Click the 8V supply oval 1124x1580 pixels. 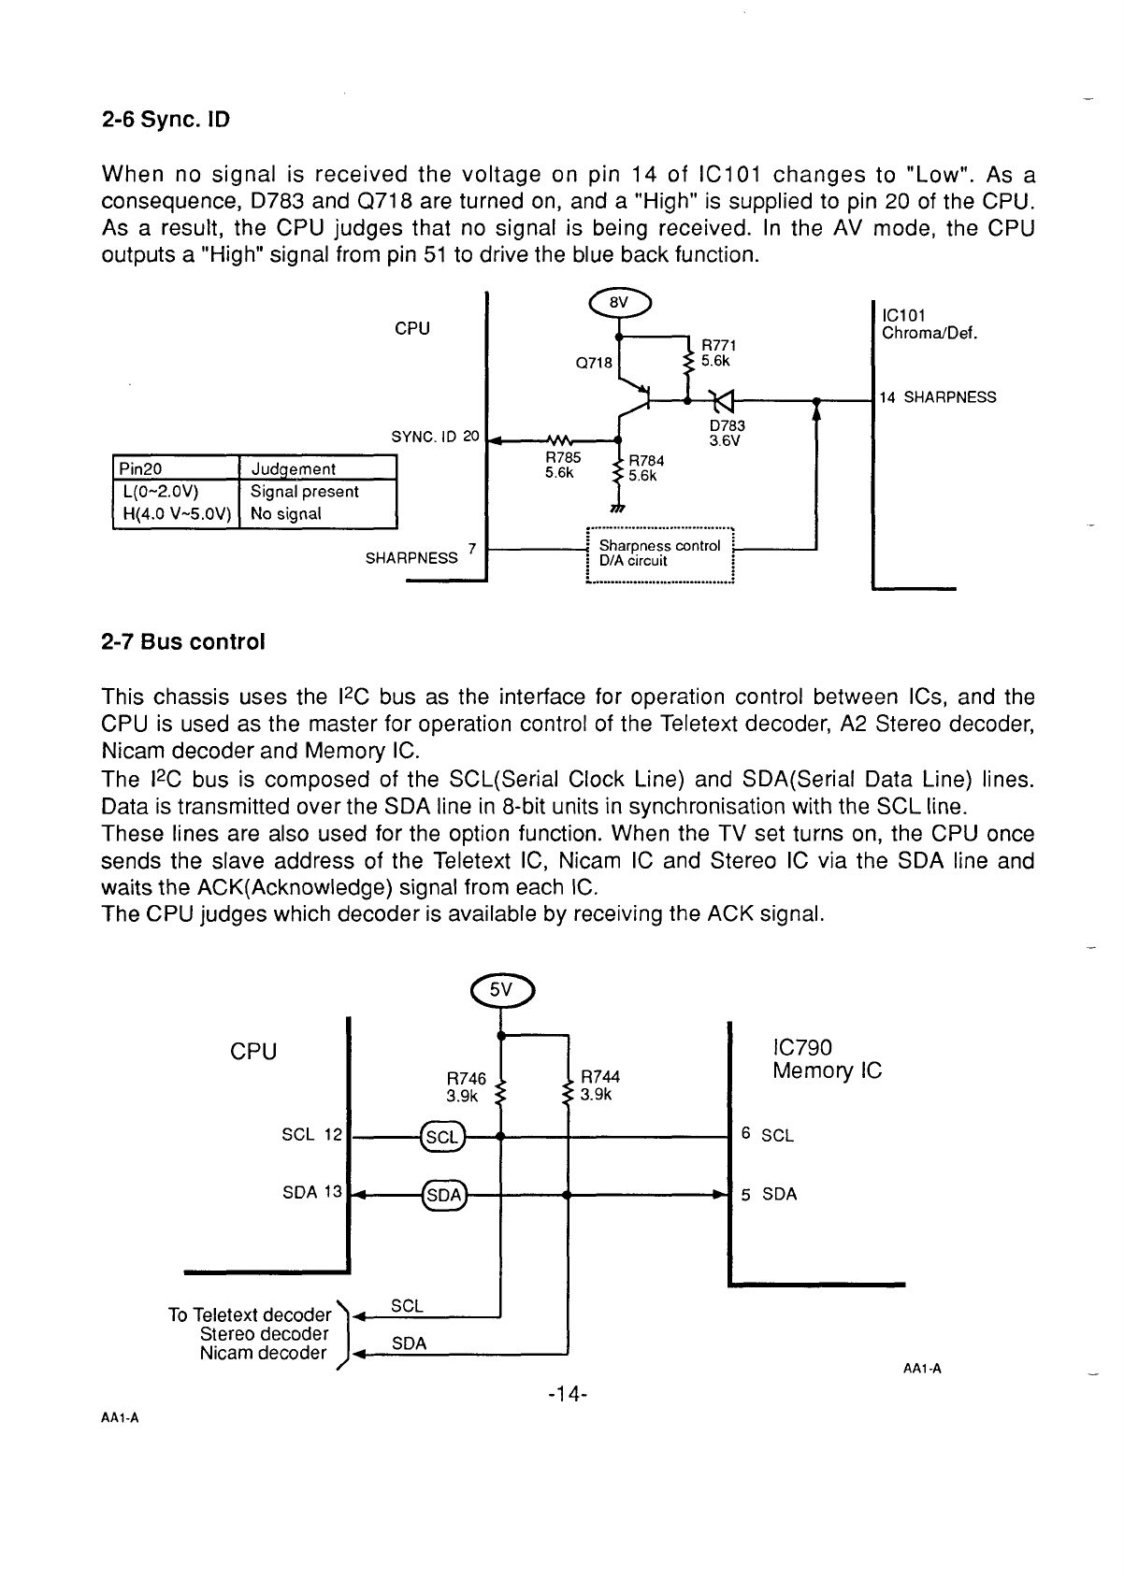(619, 303)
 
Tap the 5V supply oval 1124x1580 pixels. (501, 990)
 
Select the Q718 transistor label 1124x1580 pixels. (594, 363)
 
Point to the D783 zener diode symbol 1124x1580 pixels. (723, 401)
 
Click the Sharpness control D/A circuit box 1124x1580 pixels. (660, 554)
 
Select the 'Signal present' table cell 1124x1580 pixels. (304, 492)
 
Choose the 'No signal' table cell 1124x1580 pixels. (286, 513)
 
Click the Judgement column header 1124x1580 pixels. (294, 469)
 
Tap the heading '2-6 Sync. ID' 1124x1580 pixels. (166, 120)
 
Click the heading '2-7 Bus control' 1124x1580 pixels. (183, 642)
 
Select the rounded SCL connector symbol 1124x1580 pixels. (443, 1136)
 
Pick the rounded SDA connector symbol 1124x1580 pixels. (444, 1195)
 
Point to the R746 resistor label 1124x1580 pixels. (466, 1087)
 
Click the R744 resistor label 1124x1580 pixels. (599, 1085)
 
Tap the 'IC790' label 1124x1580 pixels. (802, 1047)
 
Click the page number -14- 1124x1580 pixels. (568, 1394)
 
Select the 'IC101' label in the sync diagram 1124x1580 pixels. (903, 315)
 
